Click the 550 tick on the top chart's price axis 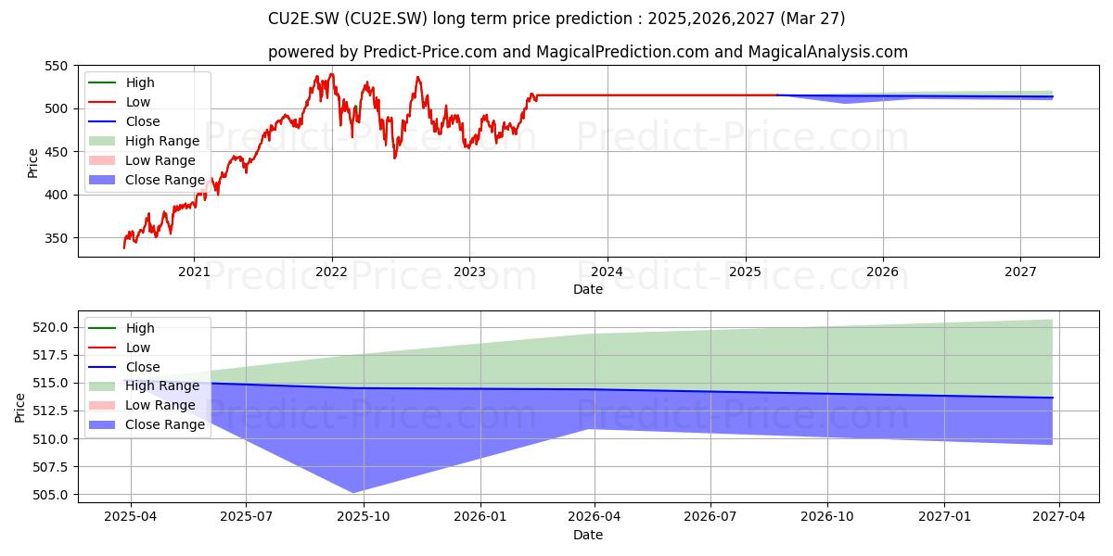click(56, 66)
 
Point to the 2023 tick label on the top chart click(469, 272)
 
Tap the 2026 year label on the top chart click(882, 272)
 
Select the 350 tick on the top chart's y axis click(56, 238)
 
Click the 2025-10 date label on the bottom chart click(364, 517)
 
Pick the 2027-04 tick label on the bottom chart click(1059, 517)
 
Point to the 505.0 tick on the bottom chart click(50, 495)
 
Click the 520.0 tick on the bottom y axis click(50, 327)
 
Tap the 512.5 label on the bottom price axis click(50, 411)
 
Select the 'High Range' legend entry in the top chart click(144, 141)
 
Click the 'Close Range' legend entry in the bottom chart click(147, 424)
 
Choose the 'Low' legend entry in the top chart click(120, 102)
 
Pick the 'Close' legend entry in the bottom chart click(124, 367)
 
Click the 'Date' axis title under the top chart click(588, 289)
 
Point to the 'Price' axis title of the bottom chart click(19, 408)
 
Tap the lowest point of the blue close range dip click(352, 493)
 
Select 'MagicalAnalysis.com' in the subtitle click(827, 52)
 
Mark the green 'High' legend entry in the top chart click(122, 82)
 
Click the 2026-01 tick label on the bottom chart click(480, 517)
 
